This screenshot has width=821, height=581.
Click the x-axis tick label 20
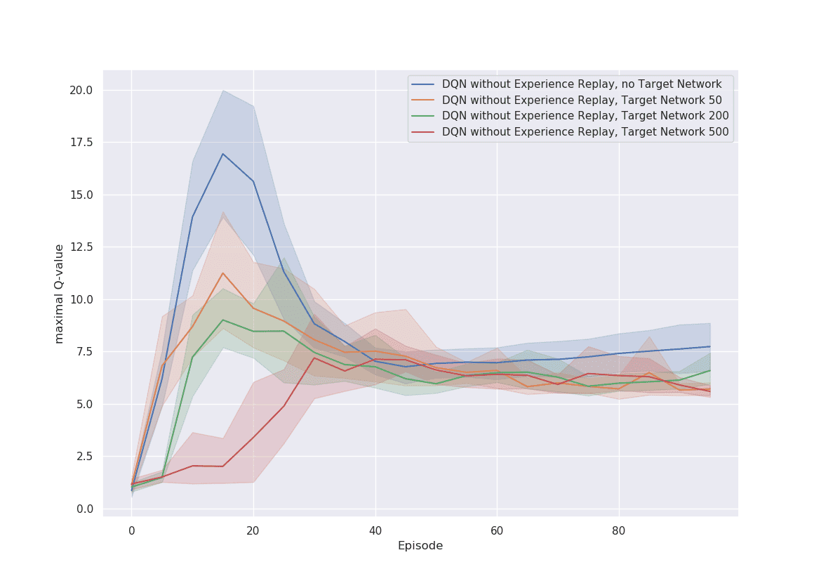point(253,530)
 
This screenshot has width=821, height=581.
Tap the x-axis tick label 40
point(375,530)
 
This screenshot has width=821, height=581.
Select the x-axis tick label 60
point(497,530)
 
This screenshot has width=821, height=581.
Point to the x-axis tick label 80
point(619,530)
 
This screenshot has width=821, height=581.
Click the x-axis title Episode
point(420,546)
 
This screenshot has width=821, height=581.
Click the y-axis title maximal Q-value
point(60,294)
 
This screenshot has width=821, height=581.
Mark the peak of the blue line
point(222,154)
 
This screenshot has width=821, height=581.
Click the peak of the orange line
point(222,273)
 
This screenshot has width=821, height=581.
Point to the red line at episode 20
point(253,437)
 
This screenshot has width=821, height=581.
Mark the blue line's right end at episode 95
point(710,346)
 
